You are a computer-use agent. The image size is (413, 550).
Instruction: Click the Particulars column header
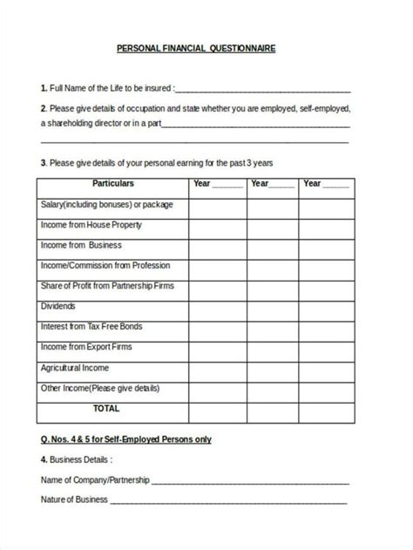112,184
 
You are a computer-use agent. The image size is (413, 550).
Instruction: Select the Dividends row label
58,307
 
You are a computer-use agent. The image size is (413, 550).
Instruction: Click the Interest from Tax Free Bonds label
91,327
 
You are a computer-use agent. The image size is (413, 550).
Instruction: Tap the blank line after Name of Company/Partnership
251,479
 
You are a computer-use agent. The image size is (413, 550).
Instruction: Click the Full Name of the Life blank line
263,88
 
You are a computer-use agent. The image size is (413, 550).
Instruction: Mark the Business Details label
76,458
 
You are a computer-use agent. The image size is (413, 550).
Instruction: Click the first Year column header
218,184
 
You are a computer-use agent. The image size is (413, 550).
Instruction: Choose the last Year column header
325,184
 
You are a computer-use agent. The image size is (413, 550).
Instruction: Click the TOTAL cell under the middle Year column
272,408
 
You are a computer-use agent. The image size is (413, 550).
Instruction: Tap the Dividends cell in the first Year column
218,307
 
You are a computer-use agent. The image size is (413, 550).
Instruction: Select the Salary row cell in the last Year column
325,205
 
